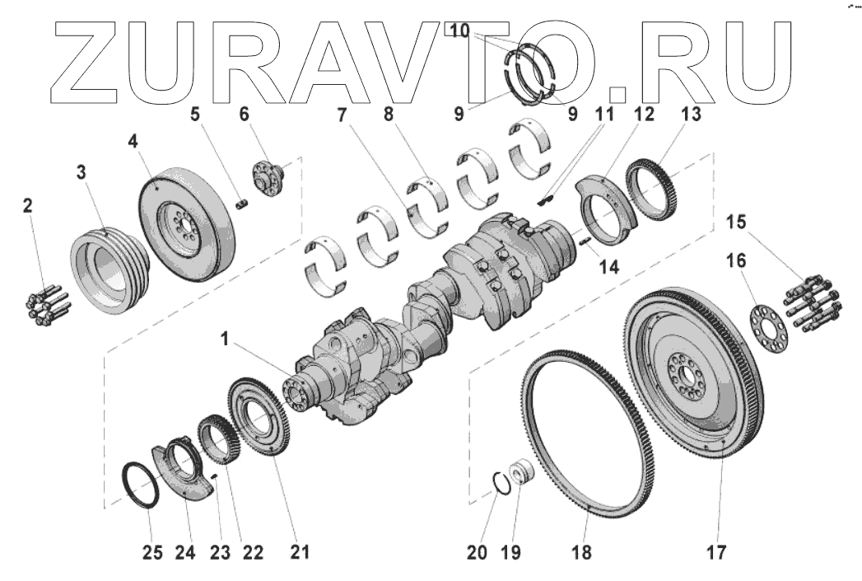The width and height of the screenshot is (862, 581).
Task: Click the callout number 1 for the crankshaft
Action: click(224, 340)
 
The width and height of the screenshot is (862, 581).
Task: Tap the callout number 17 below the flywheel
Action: click(716, 552)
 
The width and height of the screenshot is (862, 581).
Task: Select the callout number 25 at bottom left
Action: click(153, 552)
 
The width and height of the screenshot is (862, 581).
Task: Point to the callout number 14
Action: click(608, 267)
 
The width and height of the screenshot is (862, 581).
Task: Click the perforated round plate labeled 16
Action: click(768, 329)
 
